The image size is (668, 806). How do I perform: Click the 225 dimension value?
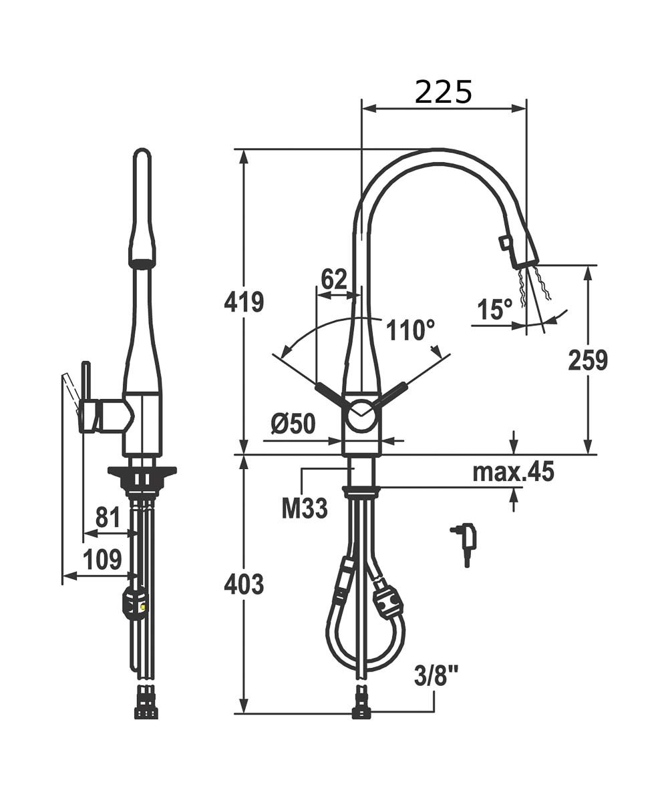point(444,92)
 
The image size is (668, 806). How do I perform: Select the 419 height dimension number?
point(244,302)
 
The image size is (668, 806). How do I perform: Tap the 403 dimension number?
point(244,584)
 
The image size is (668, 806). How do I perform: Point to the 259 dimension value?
point(588,360)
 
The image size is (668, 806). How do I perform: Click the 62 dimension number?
point(334,280)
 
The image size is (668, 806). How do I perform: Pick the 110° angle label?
point(411,330)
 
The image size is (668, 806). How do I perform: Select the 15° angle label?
point(495,309)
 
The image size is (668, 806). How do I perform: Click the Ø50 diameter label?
point(293,424)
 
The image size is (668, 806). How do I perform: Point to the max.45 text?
point(514,471)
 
